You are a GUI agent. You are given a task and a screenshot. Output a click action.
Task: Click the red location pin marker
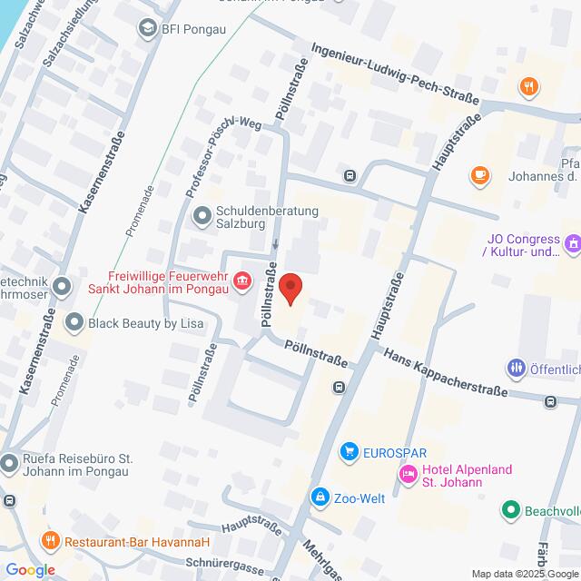(290, 289)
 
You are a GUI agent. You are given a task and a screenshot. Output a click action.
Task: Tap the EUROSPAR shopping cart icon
(348, 451)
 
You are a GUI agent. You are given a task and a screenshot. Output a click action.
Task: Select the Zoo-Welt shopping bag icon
(320, 497)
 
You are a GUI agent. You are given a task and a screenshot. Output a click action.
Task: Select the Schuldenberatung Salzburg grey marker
(201, 216)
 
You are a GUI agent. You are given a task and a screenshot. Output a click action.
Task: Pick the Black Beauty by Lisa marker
(74, 321)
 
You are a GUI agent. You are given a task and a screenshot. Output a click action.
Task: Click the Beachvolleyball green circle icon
(511, 511)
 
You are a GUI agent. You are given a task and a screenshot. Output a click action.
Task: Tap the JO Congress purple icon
(572, 243)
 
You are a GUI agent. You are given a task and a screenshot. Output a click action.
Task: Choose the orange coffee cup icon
(479, 174)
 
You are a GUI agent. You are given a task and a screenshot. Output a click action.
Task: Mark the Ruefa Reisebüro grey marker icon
(9, 464)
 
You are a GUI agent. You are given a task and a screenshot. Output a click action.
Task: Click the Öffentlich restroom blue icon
(516, 368)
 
